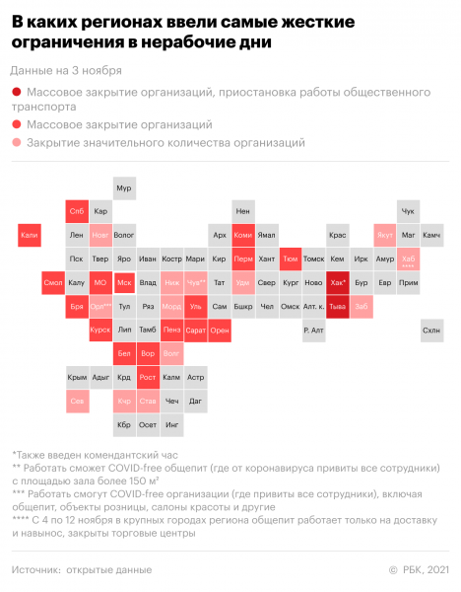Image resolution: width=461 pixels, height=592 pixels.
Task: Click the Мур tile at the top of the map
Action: pyautogui.click(x=123, y=187)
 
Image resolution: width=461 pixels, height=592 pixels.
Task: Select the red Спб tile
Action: pyautogui.click(x=76, y=211)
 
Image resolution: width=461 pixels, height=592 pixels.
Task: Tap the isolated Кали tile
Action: pyautogui.click(x=29, y=236)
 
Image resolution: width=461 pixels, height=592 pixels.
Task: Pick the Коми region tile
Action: pyautogui.click(x=242, y=236)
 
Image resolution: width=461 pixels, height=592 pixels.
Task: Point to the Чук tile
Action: pyautogui.click(x=408, y=211)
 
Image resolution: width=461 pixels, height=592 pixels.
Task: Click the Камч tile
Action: pyautogui.click(x=431, y=236)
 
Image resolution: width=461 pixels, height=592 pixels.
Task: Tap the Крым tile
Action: pyautogui.click(x=76, y=377)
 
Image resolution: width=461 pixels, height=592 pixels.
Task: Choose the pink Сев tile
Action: pyautogui.click(x=76, y=401)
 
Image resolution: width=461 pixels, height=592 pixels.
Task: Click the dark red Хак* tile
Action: pyautogui.click(x=337, y=282)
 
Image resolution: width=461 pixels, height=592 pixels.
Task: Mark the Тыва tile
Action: pyautogui.click(x=337, y=306)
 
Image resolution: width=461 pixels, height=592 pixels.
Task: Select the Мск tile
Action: pyautogui.click(x=123, y=282)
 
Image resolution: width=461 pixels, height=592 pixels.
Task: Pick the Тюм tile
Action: pyautogui.click(x=290, y=259)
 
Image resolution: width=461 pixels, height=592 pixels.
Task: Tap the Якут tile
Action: pyautogui.click(x=384, y=236)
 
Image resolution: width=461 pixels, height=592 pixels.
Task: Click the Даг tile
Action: pyautogui.click(x=195, y=401)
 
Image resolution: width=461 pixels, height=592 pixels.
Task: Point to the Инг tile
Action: pyautogui.click(x=171, y=424)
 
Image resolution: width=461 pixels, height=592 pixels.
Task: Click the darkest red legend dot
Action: pyautogui.click(x=17, y=92)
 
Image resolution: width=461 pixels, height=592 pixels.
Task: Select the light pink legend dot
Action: pyautogui.click(x=17, y=143)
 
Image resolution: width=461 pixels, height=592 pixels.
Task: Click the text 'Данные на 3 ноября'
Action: pyautogui.click(x=65, y=71)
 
